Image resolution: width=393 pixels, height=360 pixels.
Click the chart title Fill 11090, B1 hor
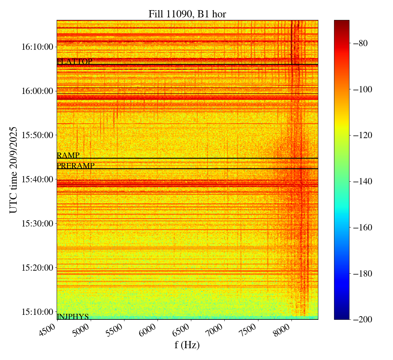coord(187,14)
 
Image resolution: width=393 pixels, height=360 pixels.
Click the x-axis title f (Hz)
coord(187,345)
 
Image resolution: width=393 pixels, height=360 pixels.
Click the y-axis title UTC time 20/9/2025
coord(13,170)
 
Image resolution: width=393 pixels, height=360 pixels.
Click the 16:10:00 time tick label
coord(37,47)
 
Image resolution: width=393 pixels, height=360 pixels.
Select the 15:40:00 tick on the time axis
coord(37,179)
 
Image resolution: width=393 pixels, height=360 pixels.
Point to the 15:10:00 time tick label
coord(37,312)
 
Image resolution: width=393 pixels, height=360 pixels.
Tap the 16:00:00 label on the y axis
coord(37,91)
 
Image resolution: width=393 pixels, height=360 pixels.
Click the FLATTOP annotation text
coord(74,62)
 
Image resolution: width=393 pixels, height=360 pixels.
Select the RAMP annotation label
coord(68,155)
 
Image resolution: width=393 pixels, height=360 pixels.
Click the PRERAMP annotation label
coord(75,166)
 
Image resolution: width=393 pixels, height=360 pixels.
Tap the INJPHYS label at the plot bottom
coord(73,316)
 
